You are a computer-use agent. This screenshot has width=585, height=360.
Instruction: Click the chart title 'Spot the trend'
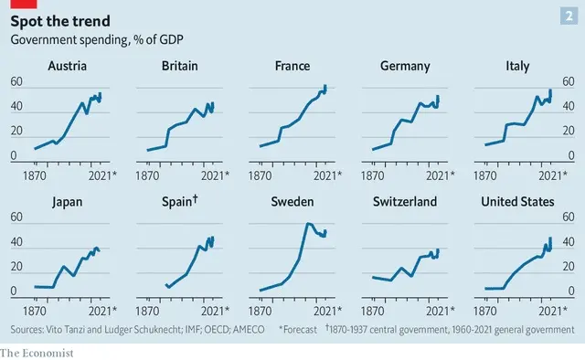(x=60, y=21)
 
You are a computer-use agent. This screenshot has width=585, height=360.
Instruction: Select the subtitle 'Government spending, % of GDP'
(x=97, y=40)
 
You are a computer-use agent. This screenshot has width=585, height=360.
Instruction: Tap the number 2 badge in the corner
(x=569, y=16)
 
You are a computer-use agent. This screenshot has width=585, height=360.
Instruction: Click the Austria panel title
(x=67, y=66)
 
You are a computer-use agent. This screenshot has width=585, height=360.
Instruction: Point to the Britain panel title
(x=180, y=66)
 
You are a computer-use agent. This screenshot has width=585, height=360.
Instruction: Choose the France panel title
(x=292, y=66)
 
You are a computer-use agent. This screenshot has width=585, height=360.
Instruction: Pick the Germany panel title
(x=405, y=67)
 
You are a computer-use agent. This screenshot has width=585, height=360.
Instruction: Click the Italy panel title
(x=517, y=67)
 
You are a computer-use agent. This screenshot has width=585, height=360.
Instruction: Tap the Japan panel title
(x=67, y=202)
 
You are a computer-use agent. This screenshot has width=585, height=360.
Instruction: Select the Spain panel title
(x=180, y=201)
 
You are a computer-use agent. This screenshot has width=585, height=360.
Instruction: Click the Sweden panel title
(x=292, y=202)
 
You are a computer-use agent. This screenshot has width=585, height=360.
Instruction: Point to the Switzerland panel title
(x=405, y=202)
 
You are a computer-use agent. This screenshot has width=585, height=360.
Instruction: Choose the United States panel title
(x=517, y=202)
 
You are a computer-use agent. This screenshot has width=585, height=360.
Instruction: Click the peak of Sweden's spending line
(x=308, y=224)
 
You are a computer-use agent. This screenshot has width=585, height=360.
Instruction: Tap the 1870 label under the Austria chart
(x=35, y=175)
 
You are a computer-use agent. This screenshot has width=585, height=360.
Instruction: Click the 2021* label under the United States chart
(x=553, y=312)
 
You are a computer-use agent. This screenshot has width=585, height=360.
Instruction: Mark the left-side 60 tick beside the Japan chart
(x=16, y=217)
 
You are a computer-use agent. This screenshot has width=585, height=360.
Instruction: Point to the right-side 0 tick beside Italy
(x=570, y=155)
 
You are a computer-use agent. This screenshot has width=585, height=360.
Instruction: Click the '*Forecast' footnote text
(x=298, y=330)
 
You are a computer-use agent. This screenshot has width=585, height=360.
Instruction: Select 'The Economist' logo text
(x=37, y=353)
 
